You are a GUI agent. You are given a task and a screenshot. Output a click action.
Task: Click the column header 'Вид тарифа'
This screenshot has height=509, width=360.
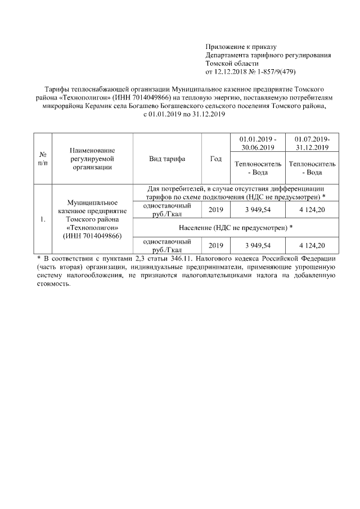167,159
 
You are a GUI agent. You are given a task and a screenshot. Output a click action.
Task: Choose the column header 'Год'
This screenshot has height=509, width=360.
215,159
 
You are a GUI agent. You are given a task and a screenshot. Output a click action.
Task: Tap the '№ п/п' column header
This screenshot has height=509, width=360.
43,159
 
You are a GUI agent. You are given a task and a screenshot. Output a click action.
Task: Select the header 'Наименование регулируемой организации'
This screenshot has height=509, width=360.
92,159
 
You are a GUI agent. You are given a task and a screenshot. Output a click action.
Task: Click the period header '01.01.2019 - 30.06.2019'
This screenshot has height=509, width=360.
258,143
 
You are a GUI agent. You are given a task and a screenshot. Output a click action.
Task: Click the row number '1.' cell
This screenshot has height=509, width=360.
43,219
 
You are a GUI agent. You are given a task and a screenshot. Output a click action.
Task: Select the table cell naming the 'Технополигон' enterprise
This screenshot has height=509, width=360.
92,219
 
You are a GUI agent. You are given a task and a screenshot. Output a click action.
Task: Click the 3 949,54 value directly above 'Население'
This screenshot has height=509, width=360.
258,210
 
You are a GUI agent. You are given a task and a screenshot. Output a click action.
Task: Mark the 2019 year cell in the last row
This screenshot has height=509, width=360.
215,245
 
